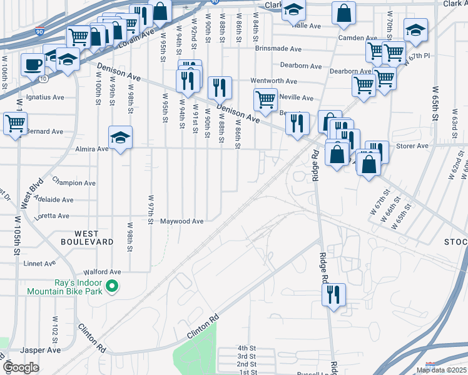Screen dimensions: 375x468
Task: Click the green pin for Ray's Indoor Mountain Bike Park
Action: click(112, 287)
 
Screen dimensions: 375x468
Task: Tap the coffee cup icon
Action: click(32, 63)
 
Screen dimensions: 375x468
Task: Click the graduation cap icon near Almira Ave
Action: click(121, 137)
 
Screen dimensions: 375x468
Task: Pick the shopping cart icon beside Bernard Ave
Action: click(15, 122)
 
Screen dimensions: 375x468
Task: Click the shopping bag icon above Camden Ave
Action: click(344, 12)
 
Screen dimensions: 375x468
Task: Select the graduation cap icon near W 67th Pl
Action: click(415, 29)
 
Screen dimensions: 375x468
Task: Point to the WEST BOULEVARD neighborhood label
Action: click(87, 237)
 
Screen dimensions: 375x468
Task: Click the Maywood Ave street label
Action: click(182, 221)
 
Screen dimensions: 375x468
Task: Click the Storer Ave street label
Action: click(412, 146)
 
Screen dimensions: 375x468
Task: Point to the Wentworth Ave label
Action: click(273, 81)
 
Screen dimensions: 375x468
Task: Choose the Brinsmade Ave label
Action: click(278, 49)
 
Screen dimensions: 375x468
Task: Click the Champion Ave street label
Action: click(74, 183)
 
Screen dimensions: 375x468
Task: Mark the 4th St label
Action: click(247, 347)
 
